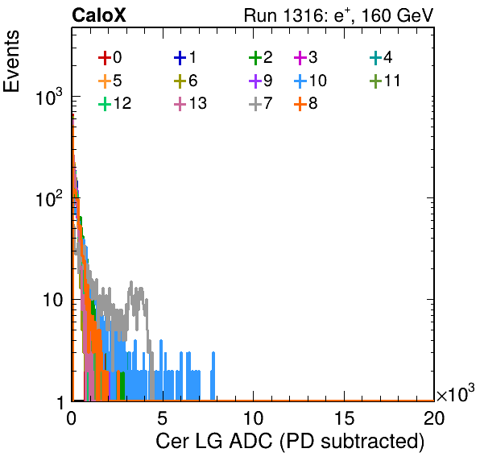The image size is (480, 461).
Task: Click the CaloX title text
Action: [98, 15]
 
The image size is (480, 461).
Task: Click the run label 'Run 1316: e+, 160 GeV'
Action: [338, 15]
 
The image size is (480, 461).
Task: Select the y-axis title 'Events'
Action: [11, 61]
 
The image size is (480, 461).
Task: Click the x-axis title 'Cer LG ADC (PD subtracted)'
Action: [290, 441]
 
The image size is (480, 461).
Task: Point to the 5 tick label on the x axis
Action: [162, 417]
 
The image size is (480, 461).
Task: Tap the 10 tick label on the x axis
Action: [253, 417]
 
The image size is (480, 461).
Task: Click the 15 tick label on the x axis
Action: [344, 417]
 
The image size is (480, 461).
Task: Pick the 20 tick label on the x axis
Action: [433, 417]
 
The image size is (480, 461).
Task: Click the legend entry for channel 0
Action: [110, 57]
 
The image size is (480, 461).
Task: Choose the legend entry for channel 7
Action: [260, 103]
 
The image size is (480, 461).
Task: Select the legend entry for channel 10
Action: [310, 81]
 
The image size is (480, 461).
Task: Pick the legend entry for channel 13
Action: [190, 103]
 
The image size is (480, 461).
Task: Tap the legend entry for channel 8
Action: [305, 103]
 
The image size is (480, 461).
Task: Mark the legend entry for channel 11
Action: [385, 81]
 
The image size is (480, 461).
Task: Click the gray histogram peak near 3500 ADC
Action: [131, 282]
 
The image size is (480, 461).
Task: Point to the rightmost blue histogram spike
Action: [213, 353]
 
